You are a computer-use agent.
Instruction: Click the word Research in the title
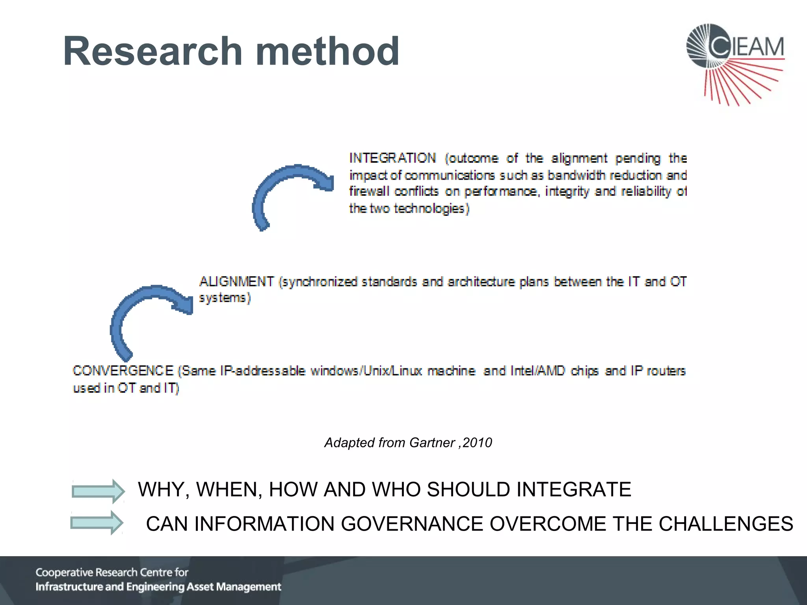pyautogui.click(x=153, y=51)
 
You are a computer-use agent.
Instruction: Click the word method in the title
pyautogui.click(x=327, y=51)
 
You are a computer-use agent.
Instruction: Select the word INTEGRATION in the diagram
pyautogui.click(x=392, y=158)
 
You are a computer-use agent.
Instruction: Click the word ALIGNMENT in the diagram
pyautogui.click(x=236, y=282)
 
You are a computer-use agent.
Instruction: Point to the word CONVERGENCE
pyautogui.click(x=123, y=371)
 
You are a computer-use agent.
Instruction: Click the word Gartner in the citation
pyautogui.click(x=432, y=443)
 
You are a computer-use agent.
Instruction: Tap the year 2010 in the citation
pyautogui.click(x=477, y=443)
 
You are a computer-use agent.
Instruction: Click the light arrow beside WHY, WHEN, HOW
pyautogui.click(x=98, y=491)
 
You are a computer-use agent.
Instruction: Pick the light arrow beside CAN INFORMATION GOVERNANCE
pyautogui.click(x=97, y=523)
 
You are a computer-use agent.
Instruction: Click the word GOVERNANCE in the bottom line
pyautogui.click(x=412, y=524)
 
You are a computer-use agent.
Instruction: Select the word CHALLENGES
pyautogui.click(x=726, y=524)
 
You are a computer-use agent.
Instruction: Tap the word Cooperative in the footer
pyautogui.click(x=64, y=572)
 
